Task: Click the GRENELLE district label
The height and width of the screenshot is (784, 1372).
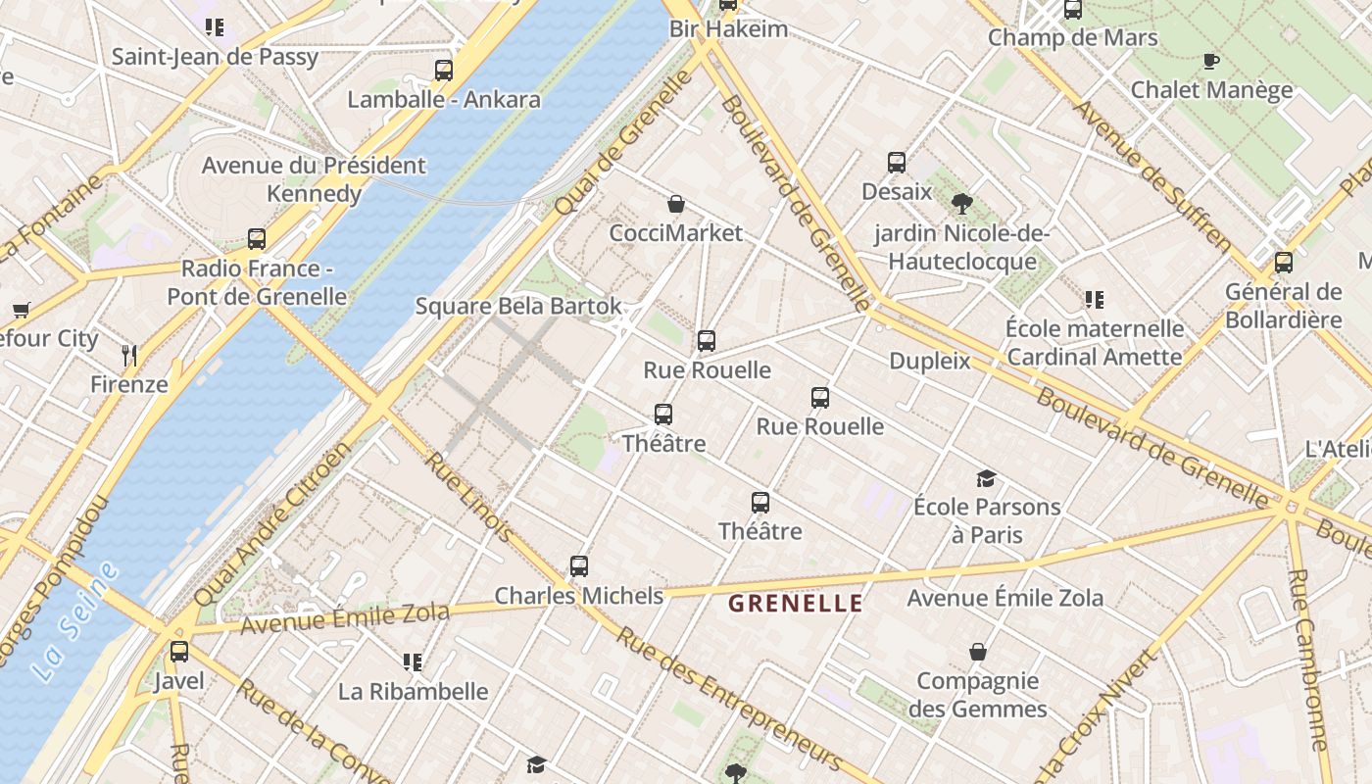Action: coord(796,604)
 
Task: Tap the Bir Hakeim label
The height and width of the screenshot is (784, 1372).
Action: coord(728,28)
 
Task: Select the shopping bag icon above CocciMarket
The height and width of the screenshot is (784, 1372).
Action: coord(676,204)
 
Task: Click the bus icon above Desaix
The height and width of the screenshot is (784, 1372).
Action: coord(897,163)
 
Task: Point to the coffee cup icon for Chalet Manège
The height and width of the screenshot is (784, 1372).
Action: coord(1211,62)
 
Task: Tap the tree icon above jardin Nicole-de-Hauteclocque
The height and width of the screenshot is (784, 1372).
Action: coord(961,204)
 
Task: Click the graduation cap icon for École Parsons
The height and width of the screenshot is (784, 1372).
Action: coord(986,478)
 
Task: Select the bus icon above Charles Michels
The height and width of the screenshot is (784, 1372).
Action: coord(579,566)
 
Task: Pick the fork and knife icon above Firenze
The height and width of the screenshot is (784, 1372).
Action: coord(129,355)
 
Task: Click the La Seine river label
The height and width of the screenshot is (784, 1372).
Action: coord(74,621)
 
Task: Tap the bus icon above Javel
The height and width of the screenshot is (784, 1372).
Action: coord(179,652)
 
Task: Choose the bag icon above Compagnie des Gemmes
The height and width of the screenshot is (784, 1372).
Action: coord(978,652)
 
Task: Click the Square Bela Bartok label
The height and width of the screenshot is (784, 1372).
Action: coord(518,306)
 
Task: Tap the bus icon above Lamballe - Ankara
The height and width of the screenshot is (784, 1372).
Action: coord(444,71)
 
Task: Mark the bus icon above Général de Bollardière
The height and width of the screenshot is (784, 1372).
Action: coord(1284,263)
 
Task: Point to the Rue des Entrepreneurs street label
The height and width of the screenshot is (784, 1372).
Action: coord(729,698)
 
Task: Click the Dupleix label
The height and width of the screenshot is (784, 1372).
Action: coord(930,361)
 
